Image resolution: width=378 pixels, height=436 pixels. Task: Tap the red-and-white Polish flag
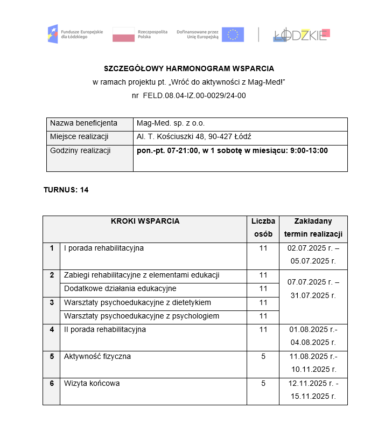click(x=123, y=34)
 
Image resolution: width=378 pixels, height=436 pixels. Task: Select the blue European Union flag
click(x=233, y=34)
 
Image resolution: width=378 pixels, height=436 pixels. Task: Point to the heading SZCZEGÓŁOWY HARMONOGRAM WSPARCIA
click(x=189, y=69)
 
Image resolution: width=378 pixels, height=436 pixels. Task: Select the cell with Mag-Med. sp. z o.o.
click(x=171, y=123)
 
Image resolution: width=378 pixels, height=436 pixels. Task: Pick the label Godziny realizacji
click(x=80, y=150)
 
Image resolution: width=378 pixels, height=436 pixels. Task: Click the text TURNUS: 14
click(x=66, y=190)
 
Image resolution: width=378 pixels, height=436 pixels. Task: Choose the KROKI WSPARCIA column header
click(x=145, y=221)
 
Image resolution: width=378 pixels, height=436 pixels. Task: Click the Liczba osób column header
click(x=263, y=227)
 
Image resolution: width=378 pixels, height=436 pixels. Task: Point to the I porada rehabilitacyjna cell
click(x=104, y=248)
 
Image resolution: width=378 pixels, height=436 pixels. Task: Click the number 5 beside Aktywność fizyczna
click(x=263, y=356)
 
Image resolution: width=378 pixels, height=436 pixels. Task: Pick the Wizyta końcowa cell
click(x=92, y=383)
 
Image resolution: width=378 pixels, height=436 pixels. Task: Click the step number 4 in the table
click(x=52, y=329)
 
